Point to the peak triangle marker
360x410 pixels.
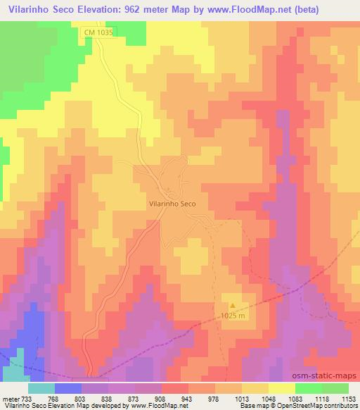(x=233, y=305)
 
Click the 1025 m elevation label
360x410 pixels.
(x=233, y=315)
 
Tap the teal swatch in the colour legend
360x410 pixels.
(x=41, y=387)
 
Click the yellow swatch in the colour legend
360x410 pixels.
(x=281, y=387)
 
